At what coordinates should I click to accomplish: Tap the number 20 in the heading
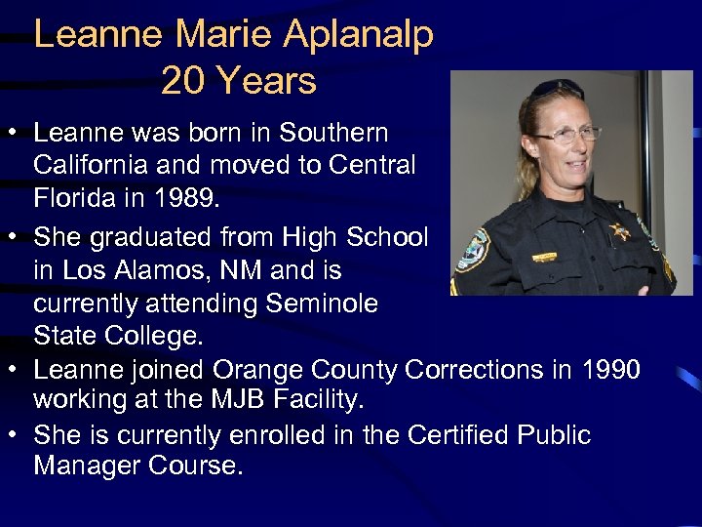click(181, 81)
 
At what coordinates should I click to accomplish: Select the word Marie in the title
click(226, 36)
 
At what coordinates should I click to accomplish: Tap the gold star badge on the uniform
click(617, 231)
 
